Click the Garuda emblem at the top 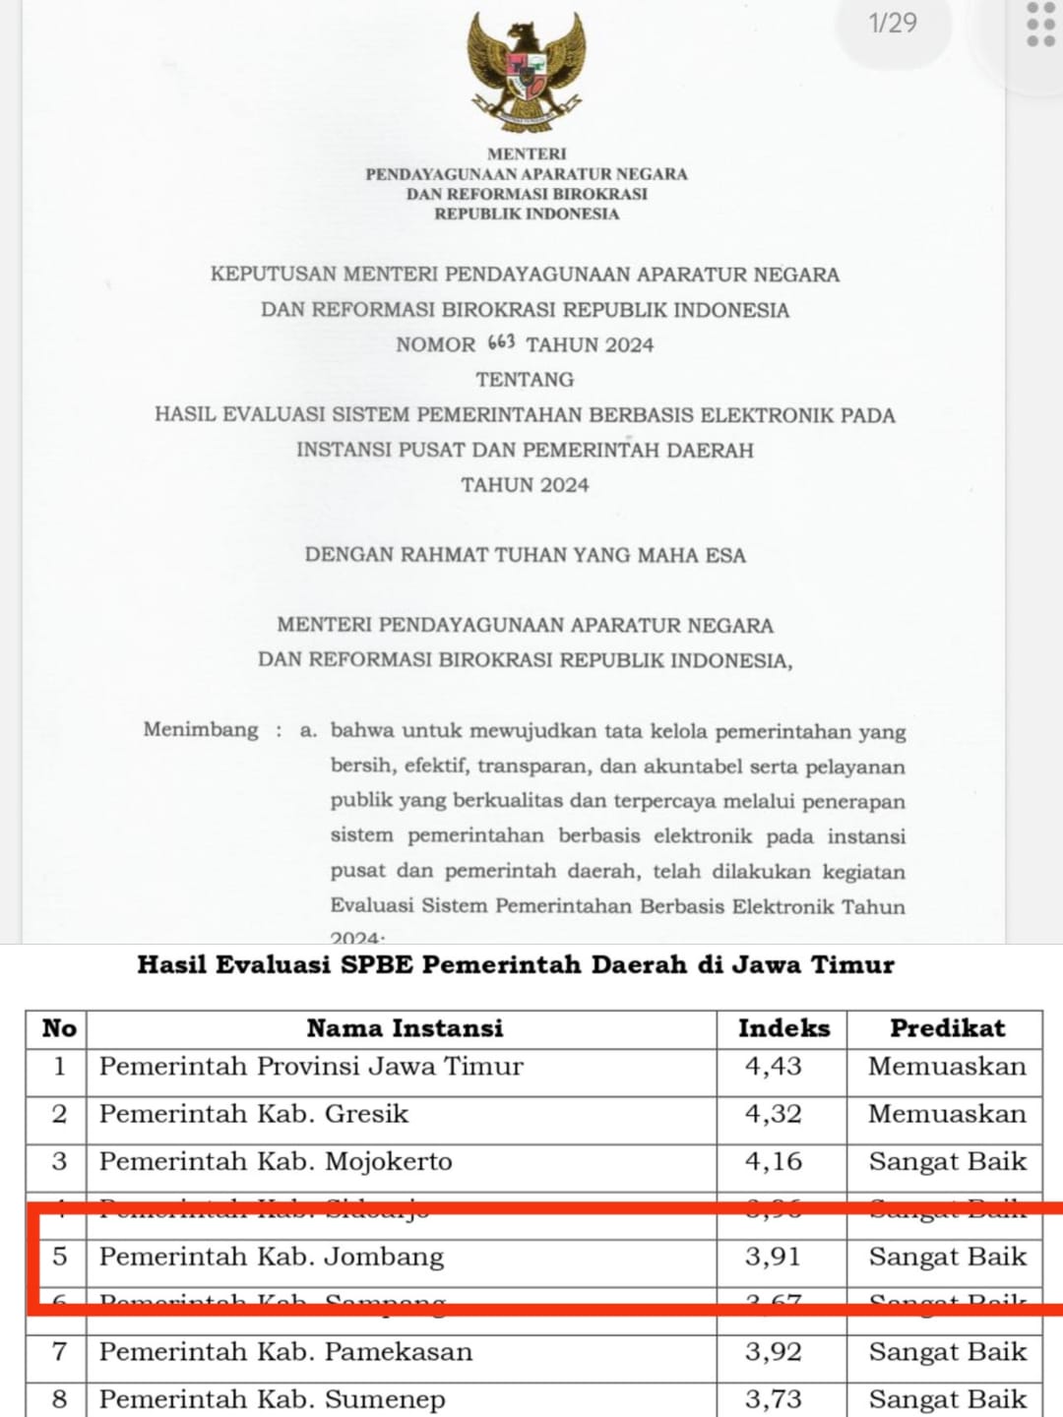(x=526, y=72)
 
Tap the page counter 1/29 (x=893, y=23)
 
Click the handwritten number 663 (x=501, y=342)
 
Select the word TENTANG (x=525, y=380)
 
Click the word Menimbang (x=201, y=729)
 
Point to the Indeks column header (x=783, y=1028)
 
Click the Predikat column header (x=947, y=1028)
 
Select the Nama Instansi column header (x=405, y=1028)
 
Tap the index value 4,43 (x=773, y=1066)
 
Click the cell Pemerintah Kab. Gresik (x=254, y=1114)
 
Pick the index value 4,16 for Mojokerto (x=773, y=1161)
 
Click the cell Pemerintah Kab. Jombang (x=272, y=1257)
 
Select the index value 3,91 (x=773, y=1257)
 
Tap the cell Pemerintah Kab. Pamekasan (x=285, y=1352)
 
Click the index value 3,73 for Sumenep (x=773, y=1399)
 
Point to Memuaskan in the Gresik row (x=947, y=1114)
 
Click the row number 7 (x=59, y=1352)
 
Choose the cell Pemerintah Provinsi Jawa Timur (x=311, y=1066)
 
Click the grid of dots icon (x=1040, y=25)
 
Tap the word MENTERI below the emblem (x=527, y=154)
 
